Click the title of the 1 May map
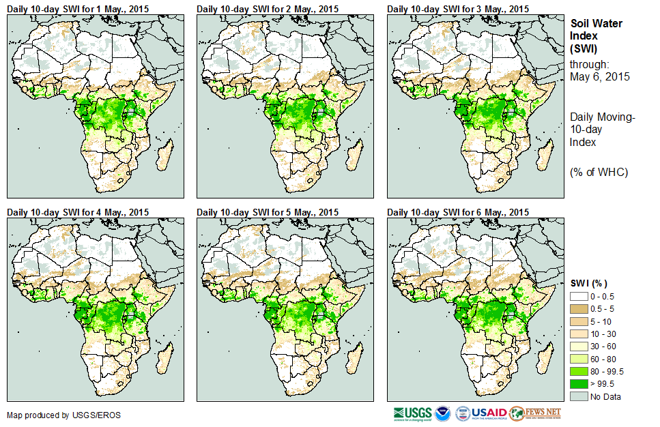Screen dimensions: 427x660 point(77,9)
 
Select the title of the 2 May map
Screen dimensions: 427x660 point(268,9)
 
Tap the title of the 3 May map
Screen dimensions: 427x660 point(458,9)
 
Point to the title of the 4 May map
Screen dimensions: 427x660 point(77,212)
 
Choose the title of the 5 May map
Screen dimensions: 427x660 point(268,212)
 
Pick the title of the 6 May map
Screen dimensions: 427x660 point(458,212)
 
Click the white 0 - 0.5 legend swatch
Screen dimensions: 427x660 point(579,297)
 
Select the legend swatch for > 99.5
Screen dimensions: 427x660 point(579,384)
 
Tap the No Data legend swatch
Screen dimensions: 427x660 point(579,396)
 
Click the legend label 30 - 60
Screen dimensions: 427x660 point(603,347)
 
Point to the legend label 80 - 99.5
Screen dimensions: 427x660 point(607,372)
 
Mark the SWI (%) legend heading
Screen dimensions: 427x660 point(588,283)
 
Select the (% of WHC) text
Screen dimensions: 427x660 point(599,171)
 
